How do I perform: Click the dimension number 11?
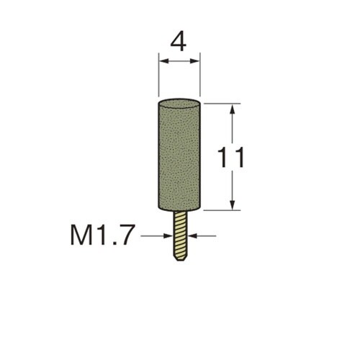(230, 158)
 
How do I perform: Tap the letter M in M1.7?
(82, 236)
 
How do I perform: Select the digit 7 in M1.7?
(125, 236)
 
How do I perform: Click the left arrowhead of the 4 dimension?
(164, 61)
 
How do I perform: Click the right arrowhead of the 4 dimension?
(194, 61)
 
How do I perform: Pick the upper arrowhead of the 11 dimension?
(232, 109)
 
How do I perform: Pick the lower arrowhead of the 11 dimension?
(232, 205)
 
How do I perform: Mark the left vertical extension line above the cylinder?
(159, 75)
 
